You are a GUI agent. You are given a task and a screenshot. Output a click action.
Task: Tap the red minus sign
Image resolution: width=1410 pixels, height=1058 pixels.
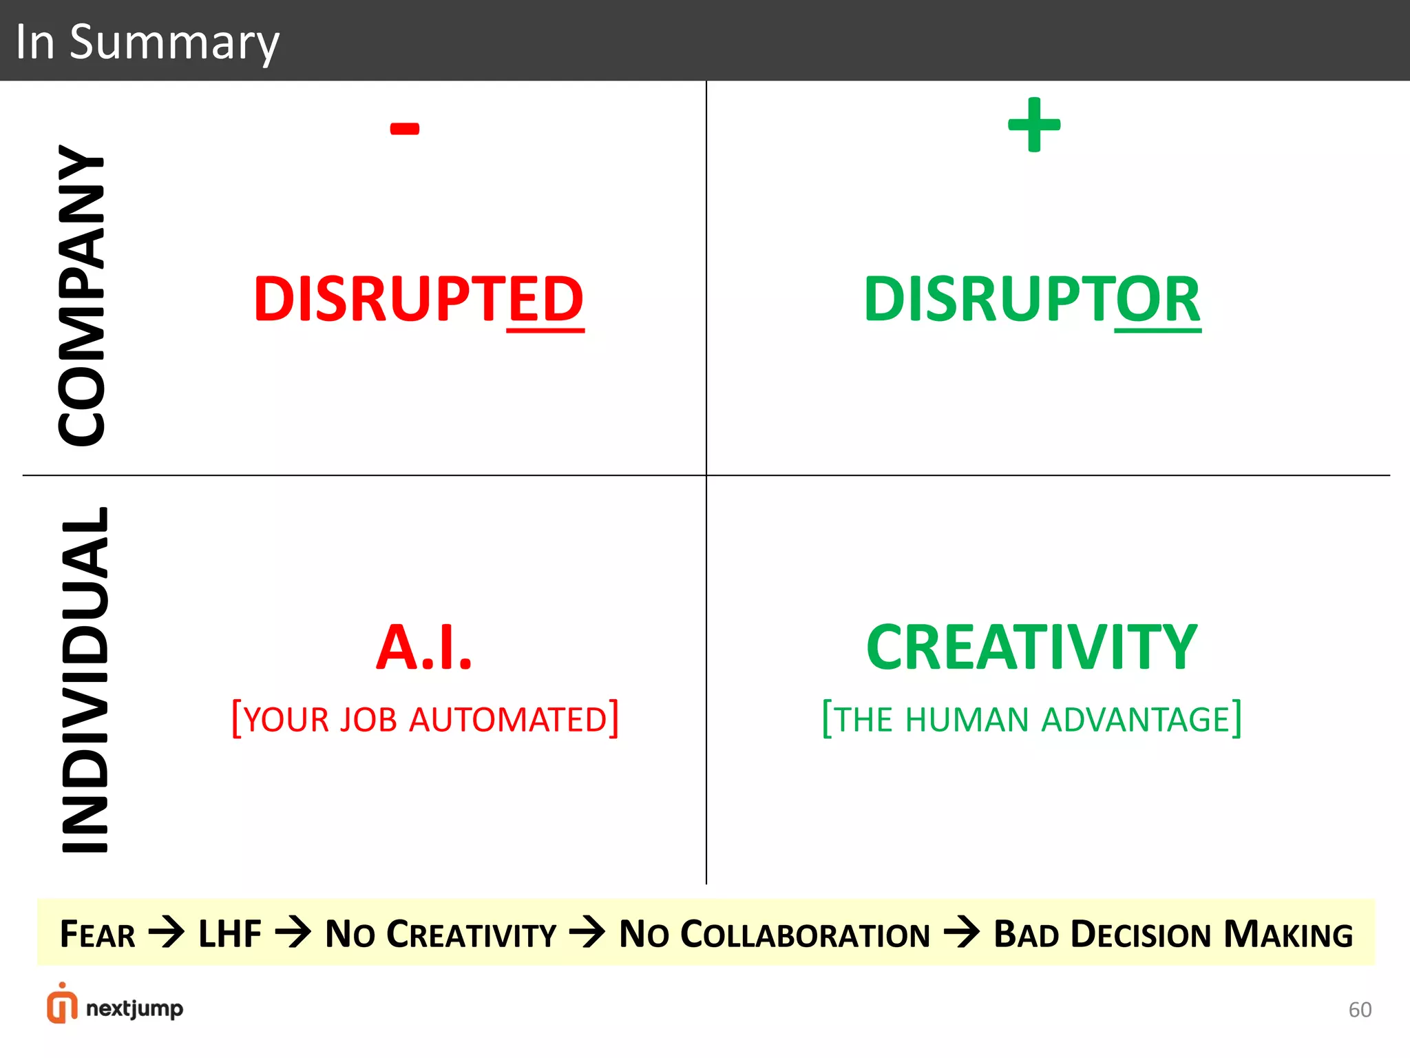click(x=405, y=128)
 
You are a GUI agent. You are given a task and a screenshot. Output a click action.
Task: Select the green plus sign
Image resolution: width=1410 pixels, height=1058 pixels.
click(x=1034, y=125)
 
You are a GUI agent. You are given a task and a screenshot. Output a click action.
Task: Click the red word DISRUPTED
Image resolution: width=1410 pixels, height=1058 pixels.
click(x=419, y=299)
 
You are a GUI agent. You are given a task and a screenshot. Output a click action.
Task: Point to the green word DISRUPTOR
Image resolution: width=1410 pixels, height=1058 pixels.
click(x=1032, y=299)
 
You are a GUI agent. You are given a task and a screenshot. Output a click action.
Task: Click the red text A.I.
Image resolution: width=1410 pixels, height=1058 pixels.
click(x=424, y=647)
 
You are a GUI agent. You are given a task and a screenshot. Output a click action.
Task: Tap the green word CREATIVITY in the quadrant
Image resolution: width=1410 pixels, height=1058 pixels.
click(x=1031, y=647)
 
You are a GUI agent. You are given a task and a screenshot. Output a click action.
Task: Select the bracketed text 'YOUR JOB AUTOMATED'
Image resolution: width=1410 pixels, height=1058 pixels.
click(x=425, y=719)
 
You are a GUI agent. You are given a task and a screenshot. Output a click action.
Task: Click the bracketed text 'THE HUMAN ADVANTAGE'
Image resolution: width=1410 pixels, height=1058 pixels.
click(x=1032, y=719)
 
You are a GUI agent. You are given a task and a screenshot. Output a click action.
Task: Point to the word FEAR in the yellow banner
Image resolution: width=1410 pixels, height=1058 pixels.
click(x=98, y=935)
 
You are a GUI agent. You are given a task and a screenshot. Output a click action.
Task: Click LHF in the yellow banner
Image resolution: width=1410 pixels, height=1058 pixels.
click(x=230, y=935)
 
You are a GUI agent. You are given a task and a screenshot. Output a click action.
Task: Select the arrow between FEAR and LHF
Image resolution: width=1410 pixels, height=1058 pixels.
click(x=167, y=933)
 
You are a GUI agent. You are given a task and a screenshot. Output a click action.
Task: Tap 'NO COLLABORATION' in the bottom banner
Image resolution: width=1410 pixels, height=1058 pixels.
click(x=775, y=935)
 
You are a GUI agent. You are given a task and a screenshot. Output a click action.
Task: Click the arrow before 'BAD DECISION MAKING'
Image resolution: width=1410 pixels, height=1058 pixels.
click(x=962, y=933)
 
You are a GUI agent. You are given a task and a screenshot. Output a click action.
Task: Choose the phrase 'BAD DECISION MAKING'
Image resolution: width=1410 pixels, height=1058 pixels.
click(x=1173, y=935)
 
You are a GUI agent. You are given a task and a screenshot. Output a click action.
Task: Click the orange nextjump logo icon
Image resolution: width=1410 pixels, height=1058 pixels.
click(x=62, y=1004)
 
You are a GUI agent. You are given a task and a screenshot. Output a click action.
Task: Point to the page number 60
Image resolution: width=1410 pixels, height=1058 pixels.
click(x=1360, y=1010)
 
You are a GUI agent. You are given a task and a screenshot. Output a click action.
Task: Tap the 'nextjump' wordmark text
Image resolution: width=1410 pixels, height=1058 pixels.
click(x=135, y=1009)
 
